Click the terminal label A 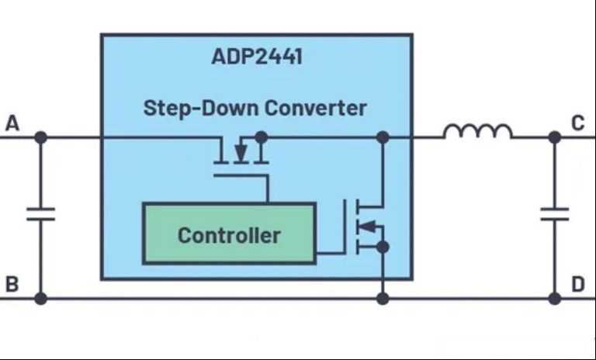pos(12,123)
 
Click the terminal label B pos(12,284)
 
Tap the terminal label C pos(577,123)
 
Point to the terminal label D pos(577,284)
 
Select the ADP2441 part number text pos(257,57)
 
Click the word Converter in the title pos(316,108)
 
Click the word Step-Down pos(201,108)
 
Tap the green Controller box pos(229,234)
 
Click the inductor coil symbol pos(478,131)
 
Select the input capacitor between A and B pos(40,214)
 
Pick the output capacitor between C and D pos(555,214)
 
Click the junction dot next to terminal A pos(40,137)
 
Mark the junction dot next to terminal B pos(40,299)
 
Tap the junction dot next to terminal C pos(555,137)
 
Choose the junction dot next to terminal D pos(555,299)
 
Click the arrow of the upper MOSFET pos(241,153)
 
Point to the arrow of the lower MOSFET pos(367,227)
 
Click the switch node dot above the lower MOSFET pos(383,137)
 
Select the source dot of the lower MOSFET pos(383,247)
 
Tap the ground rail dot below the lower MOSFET pos(383,299)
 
